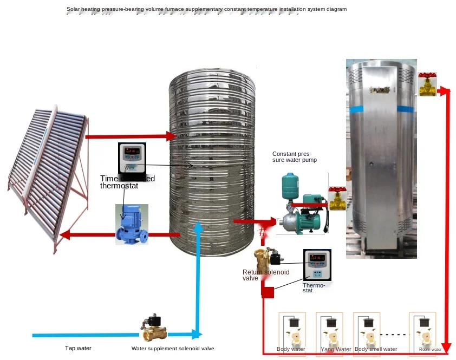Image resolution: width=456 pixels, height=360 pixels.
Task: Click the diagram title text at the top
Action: (206, 9)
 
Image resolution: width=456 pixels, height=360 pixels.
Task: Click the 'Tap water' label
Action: (78, 349)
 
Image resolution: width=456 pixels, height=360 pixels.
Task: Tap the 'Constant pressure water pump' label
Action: (295, 157)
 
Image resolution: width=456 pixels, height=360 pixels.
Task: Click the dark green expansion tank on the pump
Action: (289, 186)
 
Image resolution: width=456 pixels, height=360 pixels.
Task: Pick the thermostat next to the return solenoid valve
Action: (317, 265)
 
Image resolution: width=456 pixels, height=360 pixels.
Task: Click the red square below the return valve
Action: (268, 292)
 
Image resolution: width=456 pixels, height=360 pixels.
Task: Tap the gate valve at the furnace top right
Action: (427, 84)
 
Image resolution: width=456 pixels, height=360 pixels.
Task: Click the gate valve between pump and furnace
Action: (337, 199)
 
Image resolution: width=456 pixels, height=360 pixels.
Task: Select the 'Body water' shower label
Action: (291, 349)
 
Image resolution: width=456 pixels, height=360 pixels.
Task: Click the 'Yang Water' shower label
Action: (336, 349)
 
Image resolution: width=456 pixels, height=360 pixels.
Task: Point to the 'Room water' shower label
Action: (430, 349)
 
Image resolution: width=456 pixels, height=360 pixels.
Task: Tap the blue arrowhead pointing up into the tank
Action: (199, 227)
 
